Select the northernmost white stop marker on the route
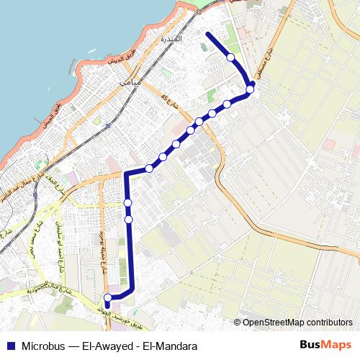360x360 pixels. tap(230, 57)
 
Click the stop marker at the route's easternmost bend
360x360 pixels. tap(250, 90)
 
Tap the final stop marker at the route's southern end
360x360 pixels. tap(108, 297)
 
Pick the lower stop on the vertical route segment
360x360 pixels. tap(128, 219)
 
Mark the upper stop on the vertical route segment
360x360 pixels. tap(127, 202)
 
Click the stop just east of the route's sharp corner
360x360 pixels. tap(149, 168)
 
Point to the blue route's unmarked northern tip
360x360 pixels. tap(207, 34)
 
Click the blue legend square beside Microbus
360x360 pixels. tap(11, 346)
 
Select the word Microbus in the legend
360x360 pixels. tap(45, 346)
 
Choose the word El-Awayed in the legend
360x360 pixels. tap(107, 346)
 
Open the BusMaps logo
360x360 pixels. tap(326, 346)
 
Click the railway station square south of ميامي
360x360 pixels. tap(107, 125)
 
